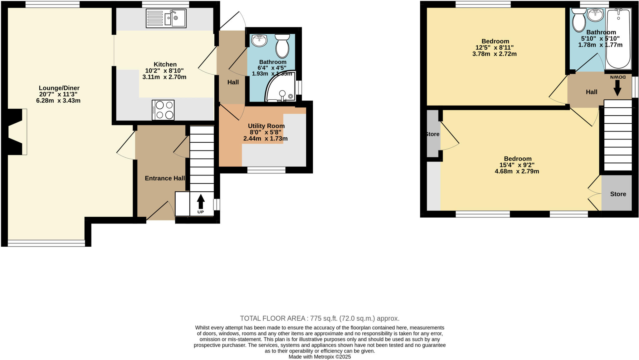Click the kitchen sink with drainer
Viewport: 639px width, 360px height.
click(x=166, y=18)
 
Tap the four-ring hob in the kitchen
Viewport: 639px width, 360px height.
click(x=163, y=110)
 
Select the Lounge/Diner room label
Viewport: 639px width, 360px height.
click(x=59, y=88)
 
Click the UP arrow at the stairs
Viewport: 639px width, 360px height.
click(x=201, y=202)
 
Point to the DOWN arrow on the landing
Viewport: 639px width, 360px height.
click(x=617, y=87)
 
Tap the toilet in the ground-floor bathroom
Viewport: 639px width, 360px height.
click(x=282, y=46)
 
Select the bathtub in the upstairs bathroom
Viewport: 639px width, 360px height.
click(x=618, y=39)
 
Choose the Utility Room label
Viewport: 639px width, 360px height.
click(x=266, y=126)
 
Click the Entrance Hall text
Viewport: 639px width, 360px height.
click(x=165, y=178)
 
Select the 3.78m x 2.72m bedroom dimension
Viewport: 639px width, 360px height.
click(x=494, y=54)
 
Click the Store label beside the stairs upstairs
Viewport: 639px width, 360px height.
click(x=618, y=194)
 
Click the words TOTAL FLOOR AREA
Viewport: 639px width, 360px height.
click(x=272, y=318)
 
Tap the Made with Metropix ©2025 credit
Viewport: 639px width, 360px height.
click(x=319, y=357)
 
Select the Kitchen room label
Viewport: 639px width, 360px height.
click(x=165, y=64)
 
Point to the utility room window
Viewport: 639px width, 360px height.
click(x=266, y=170)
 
